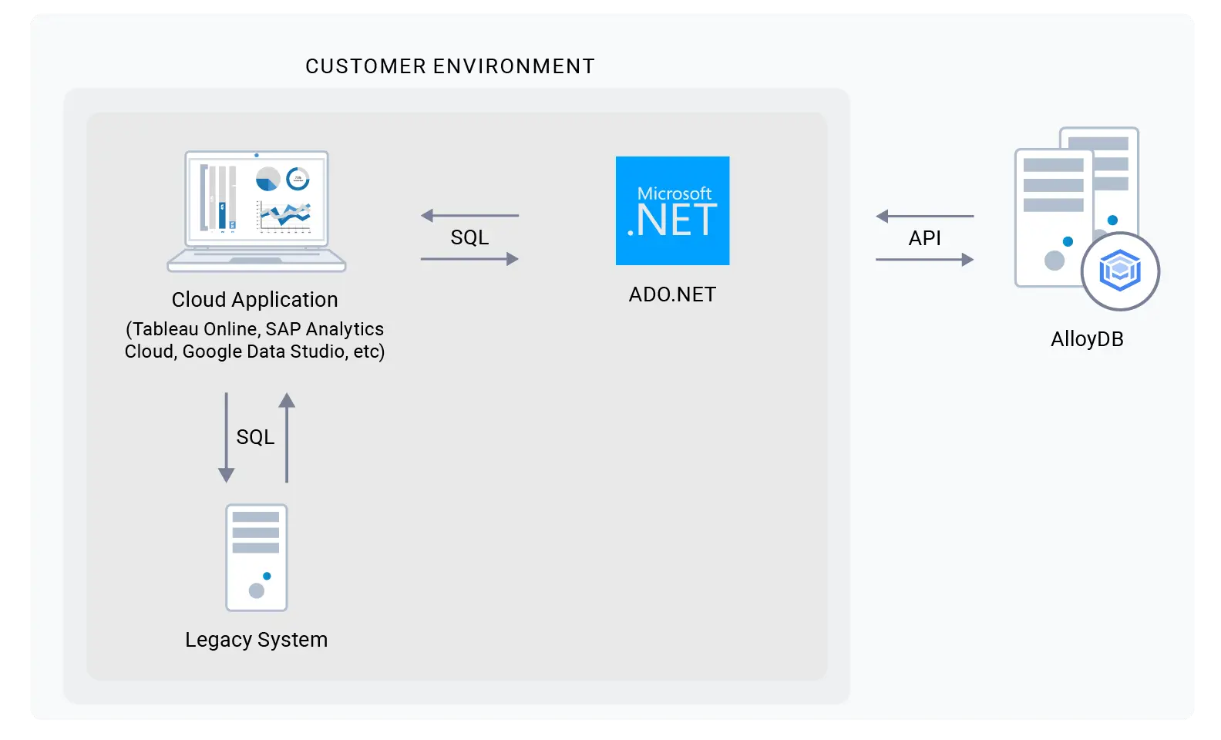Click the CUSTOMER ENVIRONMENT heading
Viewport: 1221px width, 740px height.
(x=449, y=66)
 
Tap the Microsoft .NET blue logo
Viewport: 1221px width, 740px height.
(x=672, y=210)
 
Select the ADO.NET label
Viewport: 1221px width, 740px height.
(x=672, y=294)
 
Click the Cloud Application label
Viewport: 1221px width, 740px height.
(x=254, y=299)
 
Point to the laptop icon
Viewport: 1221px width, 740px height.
(x=257, y=211)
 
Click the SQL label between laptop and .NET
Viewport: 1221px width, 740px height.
(x=469, y=237)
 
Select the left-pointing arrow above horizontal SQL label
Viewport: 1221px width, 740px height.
(x=469, y=216)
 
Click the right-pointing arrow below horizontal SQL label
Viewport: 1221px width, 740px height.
(x=469, y=259)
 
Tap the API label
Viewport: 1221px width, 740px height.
(x=924, y=238)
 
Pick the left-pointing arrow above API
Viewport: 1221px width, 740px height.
(x=924, y=217)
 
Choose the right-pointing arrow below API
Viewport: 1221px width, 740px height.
(x=924, y=260)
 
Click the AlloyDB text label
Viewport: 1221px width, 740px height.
(x=1087, y=339)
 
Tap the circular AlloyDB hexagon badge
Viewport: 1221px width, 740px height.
(x=1120, y=271)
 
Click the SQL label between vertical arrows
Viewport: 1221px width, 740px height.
(x=255, y=437)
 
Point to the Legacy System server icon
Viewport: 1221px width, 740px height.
(x=257, y=557)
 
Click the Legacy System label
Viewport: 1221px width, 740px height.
(x=256, y=640)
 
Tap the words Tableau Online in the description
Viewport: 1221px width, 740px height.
(x=195, y=329)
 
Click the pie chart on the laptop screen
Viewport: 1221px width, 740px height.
(x=267, y=180)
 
